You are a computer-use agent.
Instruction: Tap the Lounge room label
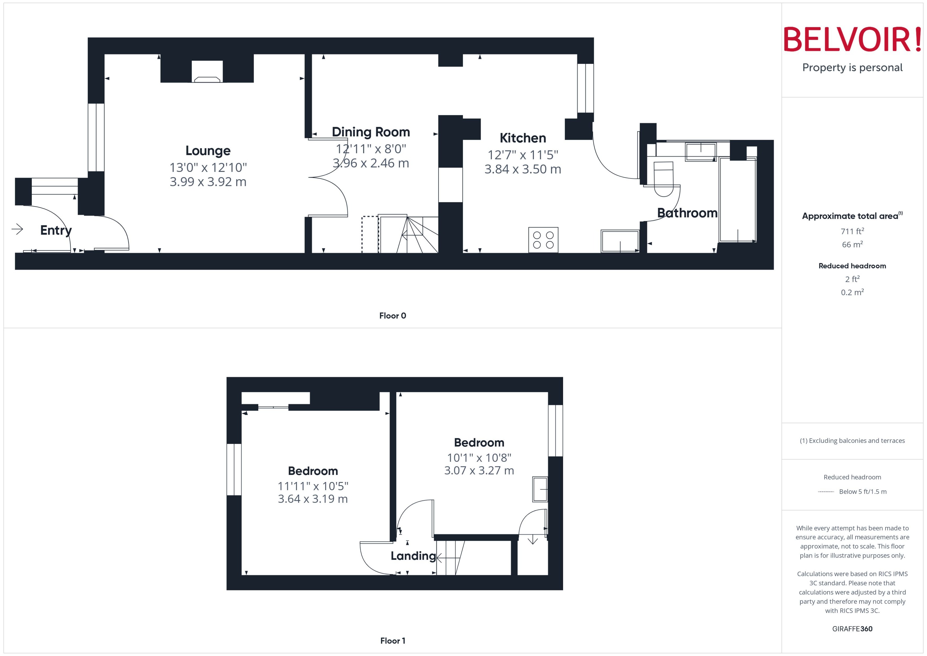coord(208,151)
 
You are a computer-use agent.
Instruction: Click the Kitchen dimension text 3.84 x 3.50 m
coord(522,169)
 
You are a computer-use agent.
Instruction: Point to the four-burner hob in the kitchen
coord(543,240)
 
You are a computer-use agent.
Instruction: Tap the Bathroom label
coord(687,213)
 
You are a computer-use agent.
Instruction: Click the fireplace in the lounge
coord(207,72)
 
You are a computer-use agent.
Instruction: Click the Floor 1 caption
coord(392,641)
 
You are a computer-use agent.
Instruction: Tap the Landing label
coord(413,556)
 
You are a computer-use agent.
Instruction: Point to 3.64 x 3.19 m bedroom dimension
coord(312,499)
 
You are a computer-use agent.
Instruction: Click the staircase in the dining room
coord(408,234)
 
